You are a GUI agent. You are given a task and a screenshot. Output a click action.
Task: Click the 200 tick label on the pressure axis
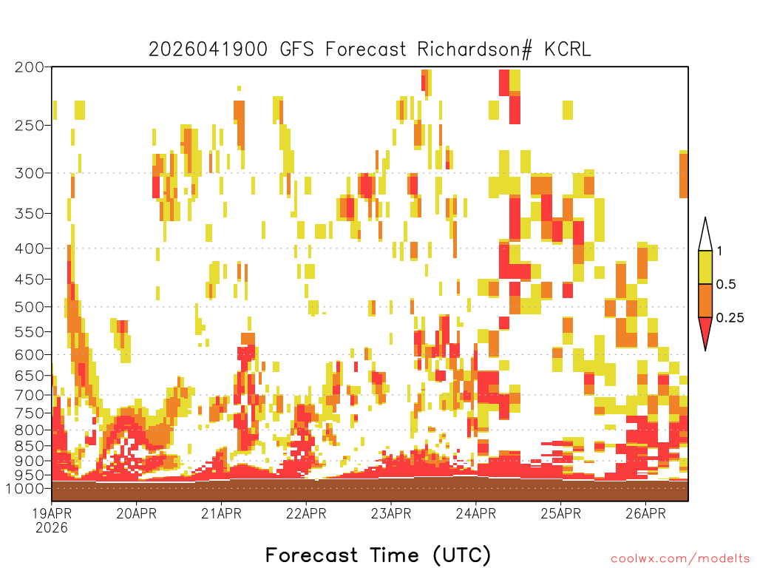point(30,67)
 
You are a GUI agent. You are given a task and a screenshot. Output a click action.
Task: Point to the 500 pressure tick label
point(30,307)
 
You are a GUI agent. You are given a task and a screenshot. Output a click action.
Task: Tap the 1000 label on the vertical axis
point(25,489)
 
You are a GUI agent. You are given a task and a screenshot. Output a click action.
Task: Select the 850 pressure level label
point(30,446)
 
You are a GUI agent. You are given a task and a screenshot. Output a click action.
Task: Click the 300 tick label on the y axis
point(30,173)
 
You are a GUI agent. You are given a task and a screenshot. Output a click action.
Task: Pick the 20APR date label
point(137,513)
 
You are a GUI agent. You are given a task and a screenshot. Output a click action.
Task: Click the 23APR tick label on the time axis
point(391,513)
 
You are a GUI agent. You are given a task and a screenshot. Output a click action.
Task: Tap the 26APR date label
point(645,513)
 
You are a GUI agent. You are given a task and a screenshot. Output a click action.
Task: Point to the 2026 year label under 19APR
point(52,528)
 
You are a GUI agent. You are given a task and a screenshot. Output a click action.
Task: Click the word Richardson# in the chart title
point(475,50)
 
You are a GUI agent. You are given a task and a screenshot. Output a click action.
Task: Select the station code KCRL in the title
point(568,50)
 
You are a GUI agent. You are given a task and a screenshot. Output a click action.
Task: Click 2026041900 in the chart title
point(208,50)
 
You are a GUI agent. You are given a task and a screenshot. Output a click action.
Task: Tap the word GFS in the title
point(297,50)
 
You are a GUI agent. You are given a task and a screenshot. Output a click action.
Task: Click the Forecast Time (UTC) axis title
point(378,555)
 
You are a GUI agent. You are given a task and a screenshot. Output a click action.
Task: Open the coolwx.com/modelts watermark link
point(681,559)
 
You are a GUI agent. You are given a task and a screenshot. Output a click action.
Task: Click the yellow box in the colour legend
point(705,267)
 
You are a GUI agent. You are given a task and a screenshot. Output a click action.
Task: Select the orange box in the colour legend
point(705,300)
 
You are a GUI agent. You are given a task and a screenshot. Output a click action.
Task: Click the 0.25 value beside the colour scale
point(730,318)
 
